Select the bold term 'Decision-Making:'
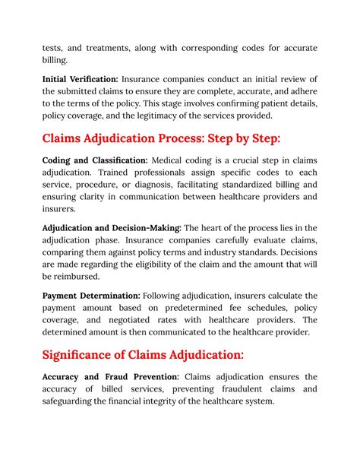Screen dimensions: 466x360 point(144,227)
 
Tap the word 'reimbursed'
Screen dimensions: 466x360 point(78,276)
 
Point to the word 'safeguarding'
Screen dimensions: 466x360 point(74,401)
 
